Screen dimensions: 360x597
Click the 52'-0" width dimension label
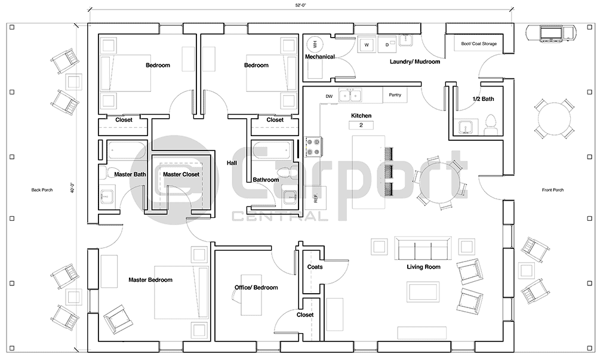(x=300, y=4)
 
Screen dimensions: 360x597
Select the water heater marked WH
(x=315, y=44)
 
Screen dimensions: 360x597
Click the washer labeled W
(x=367, y=44)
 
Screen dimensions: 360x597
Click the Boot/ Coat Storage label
(x=479, y=44)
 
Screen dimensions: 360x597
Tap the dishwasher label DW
(x=329, y=96)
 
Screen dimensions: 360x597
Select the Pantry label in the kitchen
(x=395, y=95)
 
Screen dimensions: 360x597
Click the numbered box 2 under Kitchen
(x=361, y=125)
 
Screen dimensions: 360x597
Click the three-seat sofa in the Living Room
(x=423, y=247)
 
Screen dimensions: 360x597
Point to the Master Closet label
(x=181, y=174)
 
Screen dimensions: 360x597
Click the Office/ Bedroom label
(x=256, y=287)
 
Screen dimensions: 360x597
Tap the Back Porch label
(x=42, y=190)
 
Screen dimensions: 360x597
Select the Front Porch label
(x=553, y=190)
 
